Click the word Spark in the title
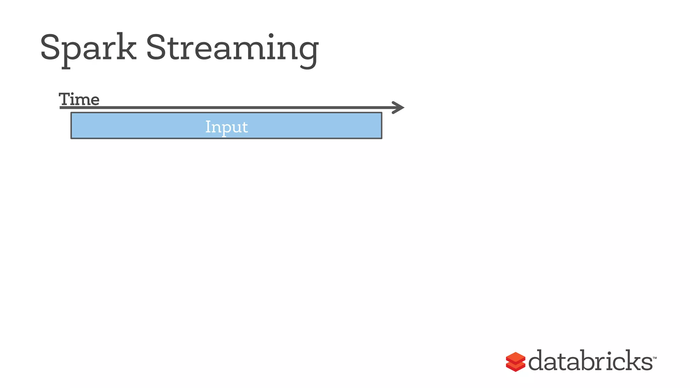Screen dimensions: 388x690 [88, 48]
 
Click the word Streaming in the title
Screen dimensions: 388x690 [232, 48]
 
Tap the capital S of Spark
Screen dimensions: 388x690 [50, 47]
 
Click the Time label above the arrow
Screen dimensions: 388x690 [79, 99]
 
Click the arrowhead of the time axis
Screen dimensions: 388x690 [399, 107]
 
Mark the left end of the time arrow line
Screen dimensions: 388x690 [61, 107]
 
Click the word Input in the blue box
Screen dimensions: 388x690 [226, 127]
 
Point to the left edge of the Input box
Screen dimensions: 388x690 [71, 125]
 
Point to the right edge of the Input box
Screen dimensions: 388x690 [382, 125]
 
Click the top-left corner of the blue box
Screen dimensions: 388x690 [71, 113]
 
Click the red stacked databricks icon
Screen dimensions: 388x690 [515, 362]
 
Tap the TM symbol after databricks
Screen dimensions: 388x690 [655, 358]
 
